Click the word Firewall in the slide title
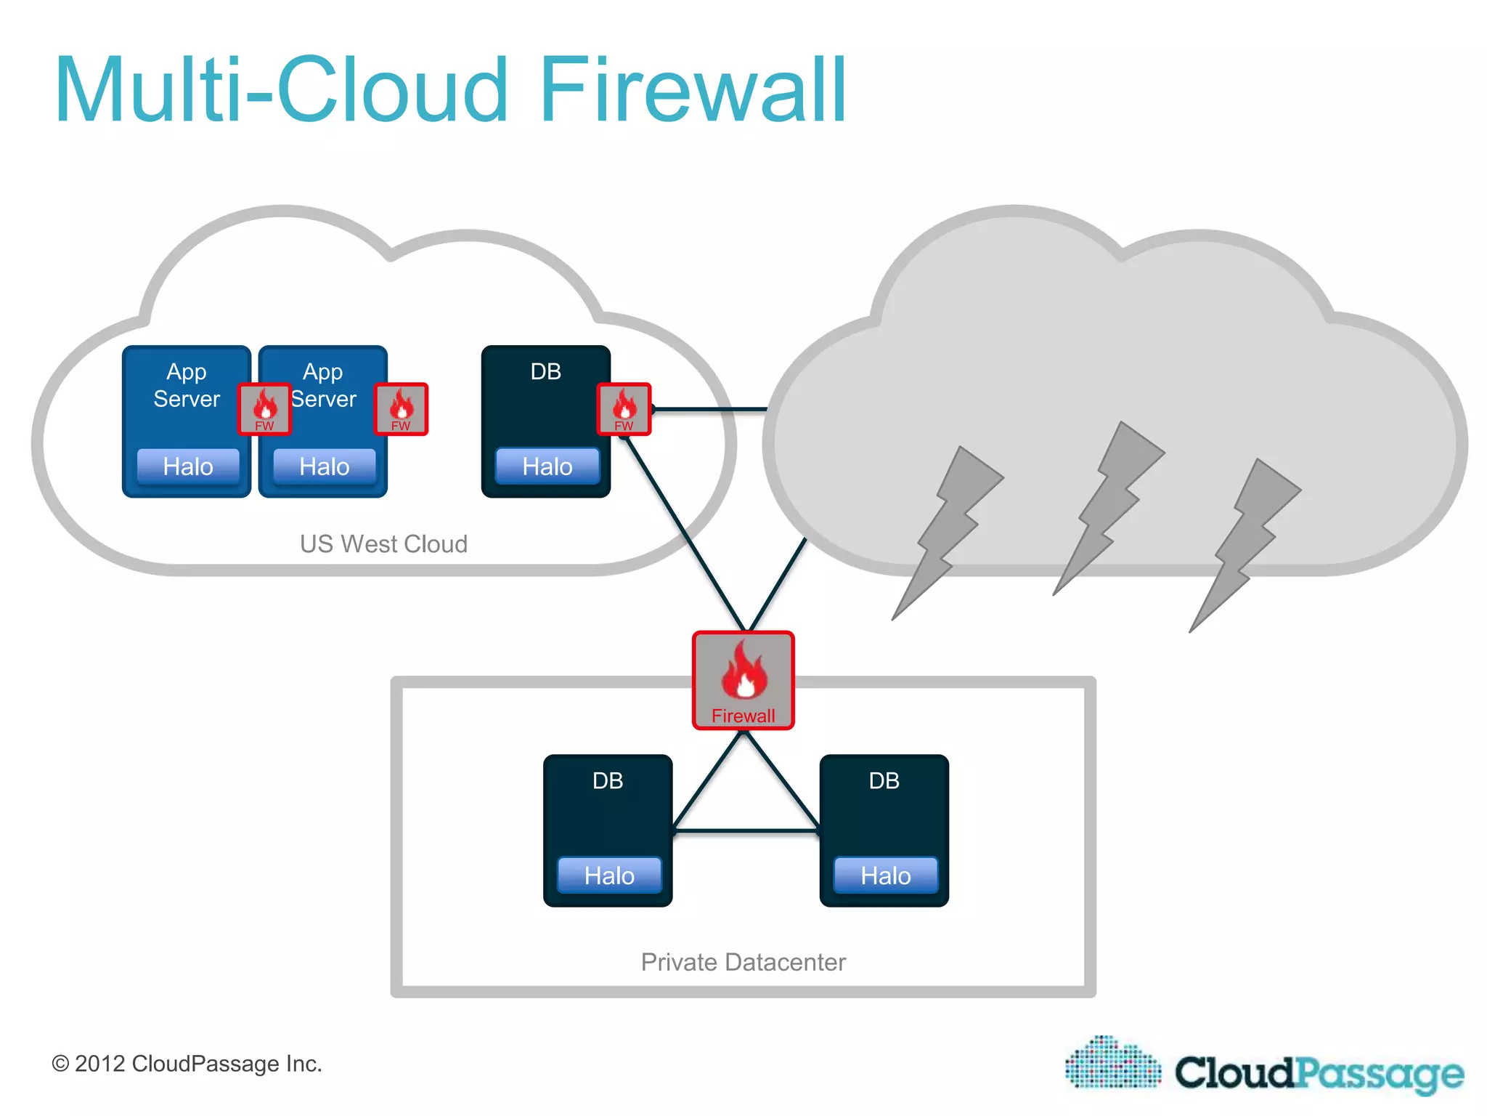[x=693, y=90]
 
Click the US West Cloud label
[x=383, y=544]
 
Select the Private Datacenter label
[x=743, y=962]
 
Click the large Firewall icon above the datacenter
[x=743, y=680]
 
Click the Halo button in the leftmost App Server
[x=188, y=466]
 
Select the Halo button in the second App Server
[x=324, y=466]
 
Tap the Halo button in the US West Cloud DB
[x=547, y=466]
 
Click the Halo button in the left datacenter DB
[x=609, y=876]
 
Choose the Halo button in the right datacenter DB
[x=885, y=876]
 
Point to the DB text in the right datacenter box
[x=884, y=781]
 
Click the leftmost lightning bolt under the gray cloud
[x=948, y=531]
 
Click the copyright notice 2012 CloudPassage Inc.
[x=187, y=1064]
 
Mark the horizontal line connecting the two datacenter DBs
[x=746, y=830]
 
